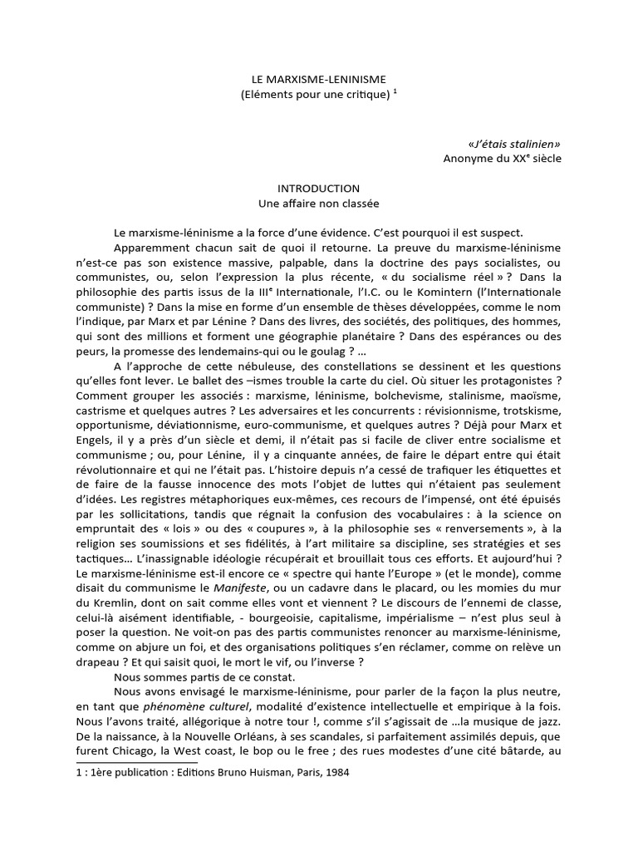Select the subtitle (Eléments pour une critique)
[314, 96]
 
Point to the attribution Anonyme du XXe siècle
[502, 158]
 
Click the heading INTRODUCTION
[319, 189]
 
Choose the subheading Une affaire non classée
[319, 204]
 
